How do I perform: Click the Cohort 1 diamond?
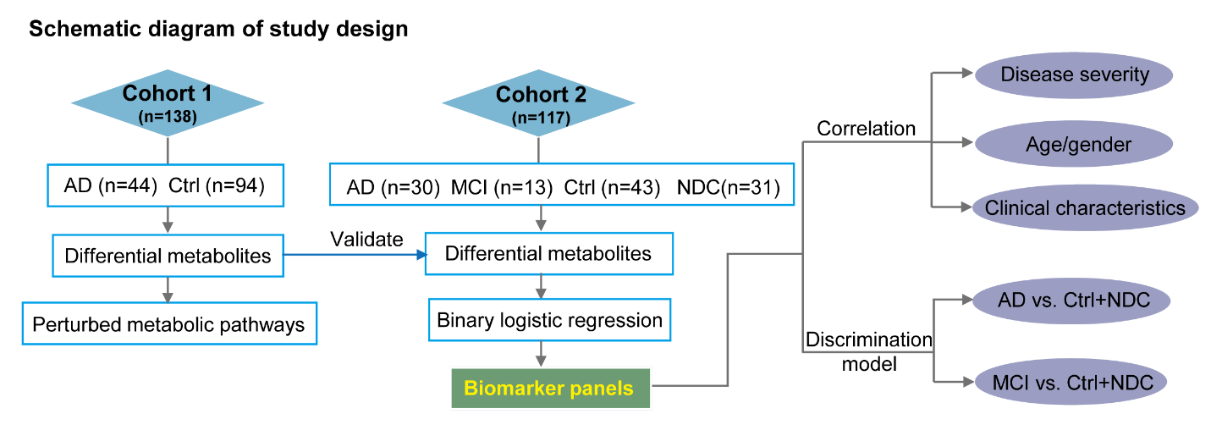pyautogui.click(x=168, y=102)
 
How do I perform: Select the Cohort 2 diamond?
pyautogui.click(x=538, y=102)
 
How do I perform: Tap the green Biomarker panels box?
pyautogui.click(x=550, y=389)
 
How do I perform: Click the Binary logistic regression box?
pyautogui.click(x=549, y=320)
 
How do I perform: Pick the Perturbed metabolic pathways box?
pyautogui.click(x=169, y=323)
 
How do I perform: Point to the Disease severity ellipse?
pyautogui.click(x=1074, y=75)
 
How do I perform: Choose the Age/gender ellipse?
pyautogui.click(x=1074, y=144)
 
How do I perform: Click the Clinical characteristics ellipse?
pyautogui.click(x=1084, y=208)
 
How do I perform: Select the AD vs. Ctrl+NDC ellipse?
pyautogui.click(x=1071, y=300)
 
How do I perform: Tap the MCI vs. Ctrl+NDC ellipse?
pyautogui.click(x=1071, y=382)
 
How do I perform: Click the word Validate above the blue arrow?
pyautogui.click(x=366, y=240)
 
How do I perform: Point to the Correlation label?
pyautogui.click(x=866, y=129)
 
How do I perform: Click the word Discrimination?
pyautogui.click(x=868, y=339)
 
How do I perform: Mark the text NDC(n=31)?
pyautogui.click(x=729, y=188)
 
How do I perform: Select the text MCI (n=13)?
pyautogui.click(x=501, y=188)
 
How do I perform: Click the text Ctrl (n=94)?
pyautogui.click(x=217, y=186)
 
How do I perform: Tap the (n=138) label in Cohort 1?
pyautogui.click(x=168, y=117)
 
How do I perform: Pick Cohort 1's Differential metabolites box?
pyautogui.click(x=168, y=256)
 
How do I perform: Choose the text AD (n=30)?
pyautogui.click(x=393, y=188)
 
